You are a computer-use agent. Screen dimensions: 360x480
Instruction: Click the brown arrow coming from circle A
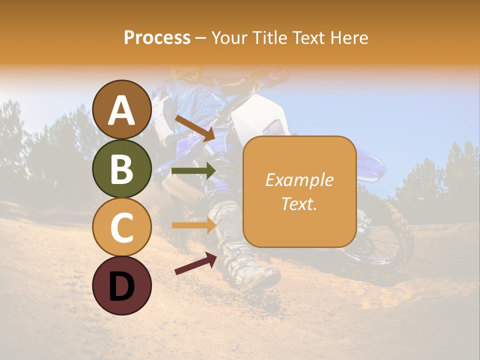(195, 128)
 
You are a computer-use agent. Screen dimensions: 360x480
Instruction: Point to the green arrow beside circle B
(193, 171)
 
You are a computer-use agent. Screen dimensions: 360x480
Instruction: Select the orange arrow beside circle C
(193, 225)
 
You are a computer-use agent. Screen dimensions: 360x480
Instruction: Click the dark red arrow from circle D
(195, 263)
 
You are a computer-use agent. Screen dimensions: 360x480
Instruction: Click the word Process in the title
(157, 38)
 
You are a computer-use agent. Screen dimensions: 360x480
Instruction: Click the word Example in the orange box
(299, 180)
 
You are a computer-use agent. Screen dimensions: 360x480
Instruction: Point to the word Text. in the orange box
(299, 204)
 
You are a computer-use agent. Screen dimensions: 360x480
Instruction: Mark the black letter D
(122, 286)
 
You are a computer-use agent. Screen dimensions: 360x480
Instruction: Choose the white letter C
(122, 228)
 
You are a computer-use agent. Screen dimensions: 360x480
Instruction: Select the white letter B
(122, 169)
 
